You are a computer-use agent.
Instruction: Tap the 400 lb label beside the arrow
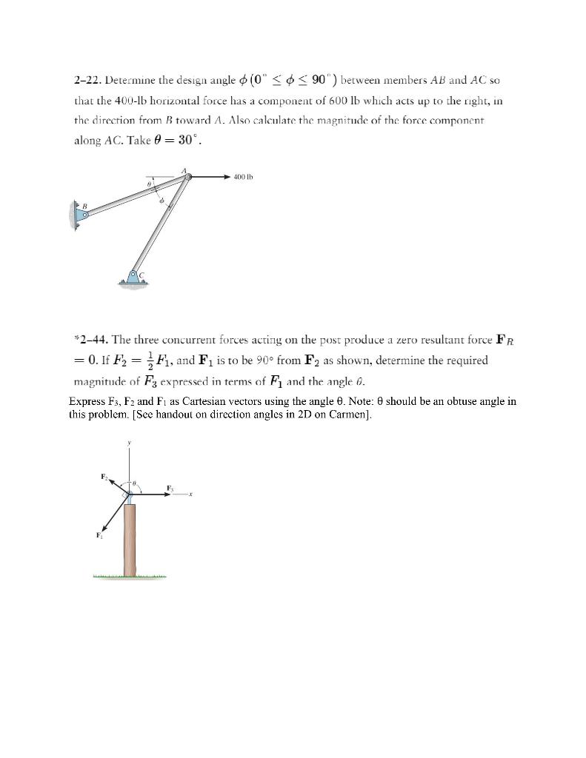point(243,177)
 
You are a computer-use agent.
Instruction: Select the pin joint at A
point(188,177)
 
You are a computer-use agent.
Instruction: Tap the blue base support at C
point(133,277)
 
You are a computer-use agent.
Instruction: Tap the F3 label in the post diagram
point(170,487)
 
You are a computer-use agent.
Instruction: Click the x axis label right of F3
point(191,496)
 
